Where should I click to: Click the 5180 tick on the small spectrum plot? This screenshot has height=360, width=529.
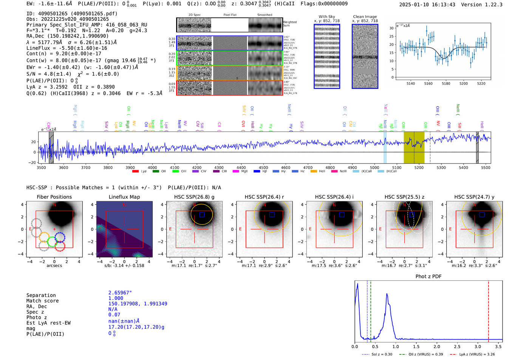[x=446, y=83]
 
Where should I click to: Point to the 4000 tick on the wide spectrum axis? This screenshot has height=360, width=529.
[x=152, y=167]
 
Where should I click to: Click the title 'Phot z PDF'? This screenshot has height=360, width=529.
[x=428, y=276]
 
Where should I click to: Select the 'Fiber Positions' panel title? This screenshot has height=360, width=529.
[x=54, y=197]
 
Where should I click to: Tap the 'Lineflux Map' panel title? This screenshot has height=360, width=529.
[x=124, y=197]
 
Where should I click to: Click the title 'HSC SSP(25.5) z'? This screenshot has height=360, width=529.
[x=404, y=197]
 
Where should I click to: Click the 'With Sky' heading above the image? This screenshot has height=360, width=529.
[x=326, y=17]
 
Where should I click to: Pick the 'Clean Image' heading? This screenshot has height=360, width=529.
[x=365, y=17]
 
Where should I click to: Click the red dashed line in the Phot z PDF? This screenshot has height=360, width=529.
[x=488, y=310]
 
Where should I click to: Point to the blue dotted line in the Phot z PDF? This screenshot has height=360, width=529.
[x=367, y=310]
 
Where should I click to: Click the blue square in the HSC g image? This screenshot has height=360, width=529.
[x=202, y=215]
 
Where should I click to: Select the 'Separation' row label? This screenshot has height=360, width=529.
[x=41, y=295]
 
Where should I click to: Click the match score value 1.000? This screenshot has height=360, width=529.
[x=116, y=298]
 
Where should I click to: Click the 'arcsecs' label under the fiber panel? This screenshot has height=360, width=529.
[x=54, y=266]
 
